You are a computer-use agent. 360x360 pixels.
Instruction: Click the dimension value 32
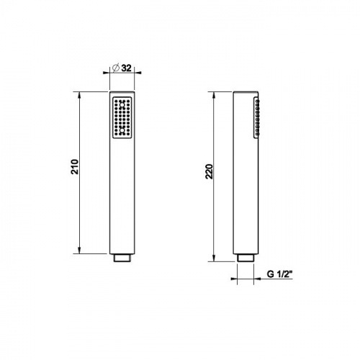(127, 68)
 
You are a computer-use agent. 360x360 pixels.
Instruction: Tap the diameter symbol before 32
(116, 68)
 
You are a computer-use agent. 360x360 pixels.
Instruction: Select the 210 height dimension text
(75, 166)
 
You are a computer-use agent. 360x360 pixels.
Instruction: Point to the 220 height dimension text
(209, 171)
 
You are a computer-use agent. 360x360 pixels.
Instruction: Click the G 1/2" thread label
(279, 274)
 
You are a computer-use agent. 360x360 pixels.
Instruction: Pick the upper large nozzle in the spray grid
(122, 104)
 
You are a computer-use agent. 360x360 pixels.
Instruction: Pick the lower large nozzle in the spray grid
(122, 130)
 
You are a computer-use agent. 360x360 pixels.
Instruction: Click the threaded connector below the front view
(122, 258)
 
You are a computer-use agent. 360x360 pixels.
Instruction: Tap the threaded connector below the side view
(246, 258)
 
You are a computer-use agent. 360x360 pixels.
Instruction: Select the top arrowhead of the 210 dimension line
(79, 94)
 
